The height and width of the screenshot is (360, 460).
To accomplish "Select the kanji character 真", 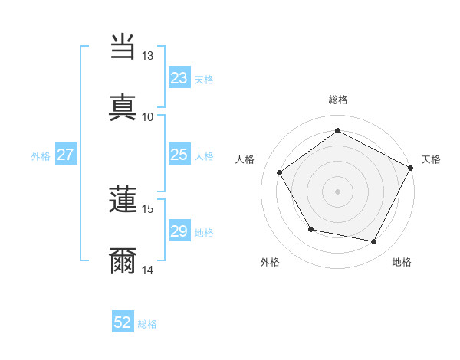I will pos(123,106).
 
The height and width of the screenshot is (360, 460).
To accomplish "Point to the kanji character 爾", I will pos(123,260).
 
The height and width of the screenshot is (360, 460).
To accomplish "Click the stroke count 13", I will pos(148,56).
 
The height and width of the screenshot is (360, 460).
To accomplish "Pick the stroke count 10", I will pos(148,116).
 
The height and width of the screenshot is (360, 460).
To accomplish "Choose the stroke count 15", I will pos(148,208).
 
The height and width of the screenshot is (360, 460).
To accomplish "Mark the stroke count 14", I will pos(148,270).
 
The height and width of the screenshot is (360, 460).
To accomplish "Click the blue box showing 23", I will pos(179,78).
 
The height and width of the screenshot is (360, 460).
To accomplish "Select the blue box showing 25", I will pos(179,155).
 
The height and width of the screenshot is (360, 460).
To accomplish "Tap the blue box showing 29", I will pos(179,231).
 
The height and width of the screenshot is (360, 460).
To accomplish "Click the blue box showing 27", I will pos(66,155).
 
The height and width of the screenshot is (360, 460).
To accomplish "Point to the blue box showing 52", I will pos(123,322).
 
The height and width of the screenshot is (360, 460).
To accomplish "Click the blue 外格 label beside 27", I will pos(41,155).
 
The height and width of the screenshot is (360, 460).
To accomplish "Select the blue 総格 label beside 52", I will pos(147,324).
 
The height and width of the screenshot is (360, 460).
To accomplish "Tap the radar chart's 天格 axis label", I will pos(431,159).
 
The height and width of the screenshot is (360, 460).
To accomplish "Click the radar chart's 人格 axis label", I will pos(245,159).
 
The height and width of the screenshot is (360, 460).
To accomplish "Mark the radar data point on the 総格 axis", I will pos(337,130).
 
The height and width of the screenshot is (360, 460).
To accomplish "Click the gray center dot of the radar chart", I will pos(337,191).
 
